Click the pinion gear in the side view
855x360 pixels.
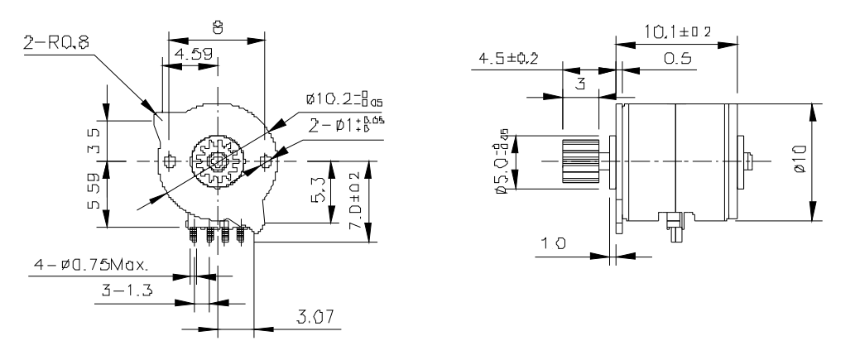[580, 160]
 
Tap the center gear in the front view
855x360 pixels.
[216, 159]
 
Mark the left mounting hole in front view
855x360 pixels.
[171, 159]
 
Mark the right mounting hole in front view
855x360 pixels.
[265, 159]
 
